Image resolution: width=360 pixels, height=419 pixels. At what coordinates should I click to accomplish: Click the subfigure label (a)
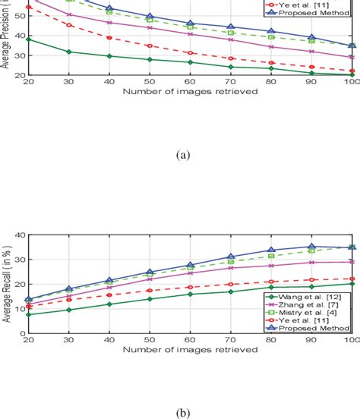click(182, 154)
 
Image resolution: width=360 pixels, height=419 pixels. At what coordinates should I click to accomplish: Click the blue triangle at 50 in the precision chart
click(150, 16)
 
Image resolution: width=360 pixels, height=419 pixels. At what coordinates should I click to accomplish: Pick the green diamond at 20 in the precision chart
click(29, 39)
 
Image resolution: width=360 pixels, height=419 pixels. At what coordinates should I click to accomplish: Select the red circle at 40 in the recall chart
click(109, 295)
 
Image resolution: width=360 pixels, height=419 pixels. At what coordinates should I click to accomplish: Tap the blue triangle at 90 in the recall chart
click(311, 247)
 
